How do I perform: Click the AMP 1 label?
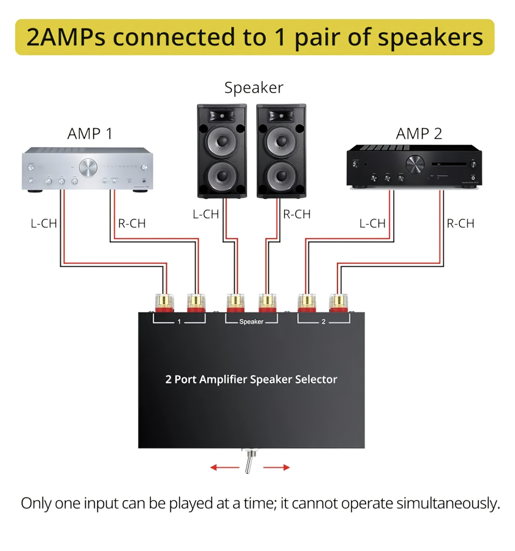(90, 134)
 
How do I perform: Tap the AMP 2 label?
(419, 134)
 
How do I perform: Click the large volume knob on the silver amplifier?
(88, 167)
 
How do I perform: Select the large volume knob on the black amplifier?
(415, 164)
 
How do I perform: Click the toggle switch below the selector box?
(248, 461)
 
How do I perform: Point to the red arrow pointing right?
(277, 467)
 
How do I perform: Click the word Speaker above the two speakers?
(254, 87)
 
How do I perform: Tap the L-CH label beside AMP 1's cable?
(44, 224)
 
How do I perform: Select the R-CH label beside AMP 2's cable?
(460, 224)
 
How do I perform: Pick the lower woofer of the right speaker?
(281, 176)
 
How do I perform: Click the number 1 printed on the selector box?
(179, 322)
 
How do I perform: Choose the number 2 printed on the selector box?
(323, 322)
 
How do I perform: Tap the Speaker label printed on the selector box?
(251, 322)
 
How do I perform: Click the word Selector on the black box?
(316, 379)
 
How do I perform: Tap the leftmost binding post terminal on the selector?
(164, 302)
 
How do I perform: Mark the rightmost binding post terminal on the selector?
(338, 302)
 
